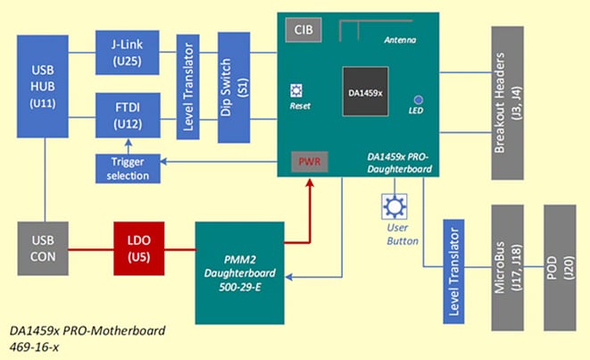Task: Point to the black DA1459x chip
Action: click(364, 92)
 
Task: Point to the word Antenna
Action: click(399, 41)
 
